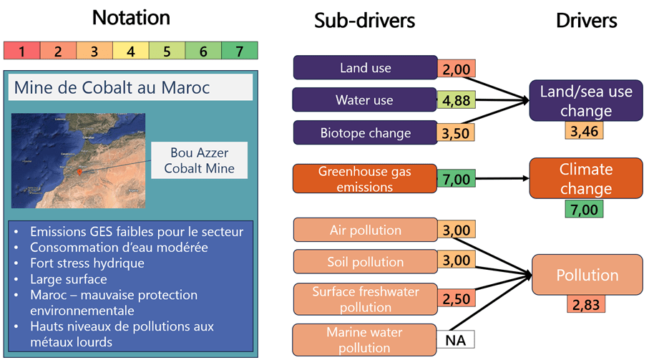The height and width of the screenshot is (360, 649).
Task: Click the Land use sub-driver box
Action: click(x=365, y=68)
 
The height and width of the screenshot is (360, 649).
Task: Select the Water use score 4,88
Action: click(x=457, y=101)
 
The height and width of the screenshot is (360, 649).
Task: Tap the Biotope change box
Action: click(x=365, y=133)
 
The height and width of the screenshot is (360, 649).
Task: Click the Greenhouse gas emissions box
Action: click(x=365, y=179)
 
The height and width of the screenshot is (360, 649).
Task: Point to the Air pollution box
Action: click(x=365, y=230)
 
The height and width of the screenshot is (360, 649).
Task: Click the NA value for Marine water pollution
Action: click(x=456, y=340)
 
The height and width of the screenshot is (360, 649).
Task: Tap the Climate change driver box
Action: click(x=585, y=179)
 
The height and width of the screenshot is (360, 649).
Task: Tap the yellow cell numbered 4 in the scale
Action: click(x=131, y=51)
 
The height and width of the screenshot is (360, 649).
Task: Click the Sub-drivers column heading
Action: click(x=364, y=21)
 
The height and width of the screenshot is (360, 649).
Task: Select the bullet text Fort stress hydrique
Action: click(x=87, y=263)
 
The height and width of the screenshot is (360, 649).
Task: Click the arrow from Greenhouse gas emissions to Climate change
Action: click(x=501, y=178)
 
